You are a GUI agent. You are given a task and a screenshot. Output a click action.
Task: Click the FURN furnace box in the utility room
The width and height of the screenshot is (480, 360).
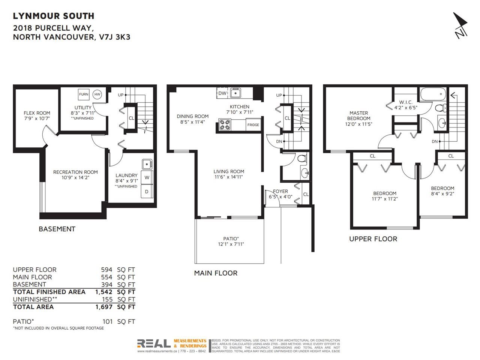coord(84,94)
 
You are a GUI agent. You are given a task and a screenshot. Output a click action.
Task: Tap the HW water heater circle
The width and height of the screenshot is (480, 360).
coord(97,94)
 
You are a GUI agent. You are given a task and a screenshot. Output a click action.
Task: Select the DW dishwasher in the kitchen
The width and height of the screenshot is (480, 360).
coord(222,93)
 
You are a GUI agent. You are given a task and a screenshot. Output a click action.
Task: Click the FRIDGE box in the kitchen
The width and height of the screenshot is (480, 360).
coord(253,125)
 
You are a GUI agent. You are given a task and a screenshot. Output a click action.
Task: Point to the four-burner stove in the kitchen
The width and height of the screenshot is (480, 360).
coord(225,125)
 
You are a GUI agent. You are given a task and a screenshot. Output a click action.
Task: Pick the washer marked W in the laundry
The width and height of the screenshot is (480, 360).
coord(147,177)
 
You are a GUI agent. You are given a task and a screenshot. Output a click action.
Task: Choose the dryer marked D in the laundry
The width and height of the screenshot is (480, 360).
coord(147,191)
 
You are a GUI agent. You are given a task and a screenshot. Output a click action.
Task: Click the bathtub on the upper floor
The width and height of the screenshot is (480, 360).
coord(433,94)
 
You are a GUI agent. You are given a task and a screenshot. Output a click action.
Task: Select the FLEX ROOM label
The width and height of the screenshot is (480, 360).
coord(37,113)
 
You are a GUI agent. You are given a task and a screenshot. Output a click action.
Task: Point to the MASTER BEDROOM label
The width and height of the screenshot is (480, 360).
coord(358,115)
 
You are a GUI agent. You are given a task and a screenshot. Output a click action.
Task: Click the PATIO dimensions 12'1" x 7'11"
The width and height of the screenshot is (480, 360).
coord(231,244)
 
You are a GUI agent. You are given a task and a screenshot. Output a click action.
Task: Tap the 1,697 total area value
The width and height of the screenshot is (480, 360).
coord(104,307)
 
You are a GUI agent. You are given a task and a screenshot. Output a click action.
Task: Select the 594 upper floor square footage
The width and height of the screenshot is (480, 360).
coord(106,270)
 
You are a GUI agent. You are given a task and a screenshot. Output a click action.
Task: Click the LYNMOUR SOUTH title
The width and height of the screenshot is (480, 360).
coord(54,16)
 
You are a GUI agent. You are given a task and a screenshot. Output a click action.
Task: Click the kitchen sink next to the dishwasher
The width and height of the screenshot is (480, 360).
coord(235,93)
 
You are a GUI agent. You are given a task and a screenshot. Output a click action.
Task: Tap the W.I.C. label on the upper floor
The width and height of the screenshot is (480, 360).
coord(406,102)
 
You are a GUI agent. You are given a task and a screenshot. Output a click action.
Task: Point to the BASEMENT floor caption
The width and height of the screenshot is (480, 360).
coord(57,229)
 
